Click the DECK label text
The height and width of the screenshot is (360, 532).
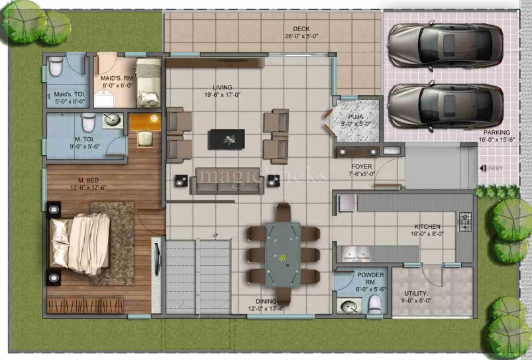click(301, 29)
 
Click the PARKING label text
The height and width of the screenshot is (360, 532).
click(497, 133)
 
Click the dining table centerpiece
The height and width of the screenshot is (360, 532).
click(282, 257)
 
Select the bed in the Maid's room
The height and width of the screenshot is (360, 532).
click(148, 82)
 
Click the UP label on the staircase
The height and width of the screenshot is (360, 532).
click(215, 235)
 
